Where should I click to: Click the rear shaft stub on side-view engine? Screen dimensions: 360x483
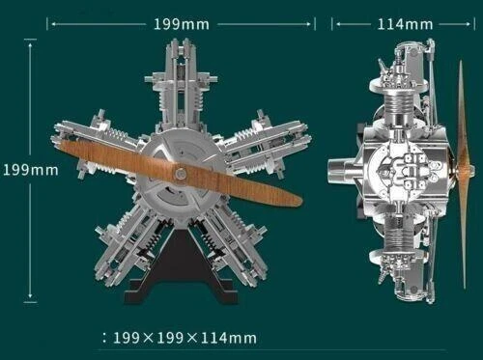pos(339,174)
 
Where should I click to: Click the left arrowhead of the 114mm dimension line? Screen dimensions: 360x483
pos(336,23)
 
